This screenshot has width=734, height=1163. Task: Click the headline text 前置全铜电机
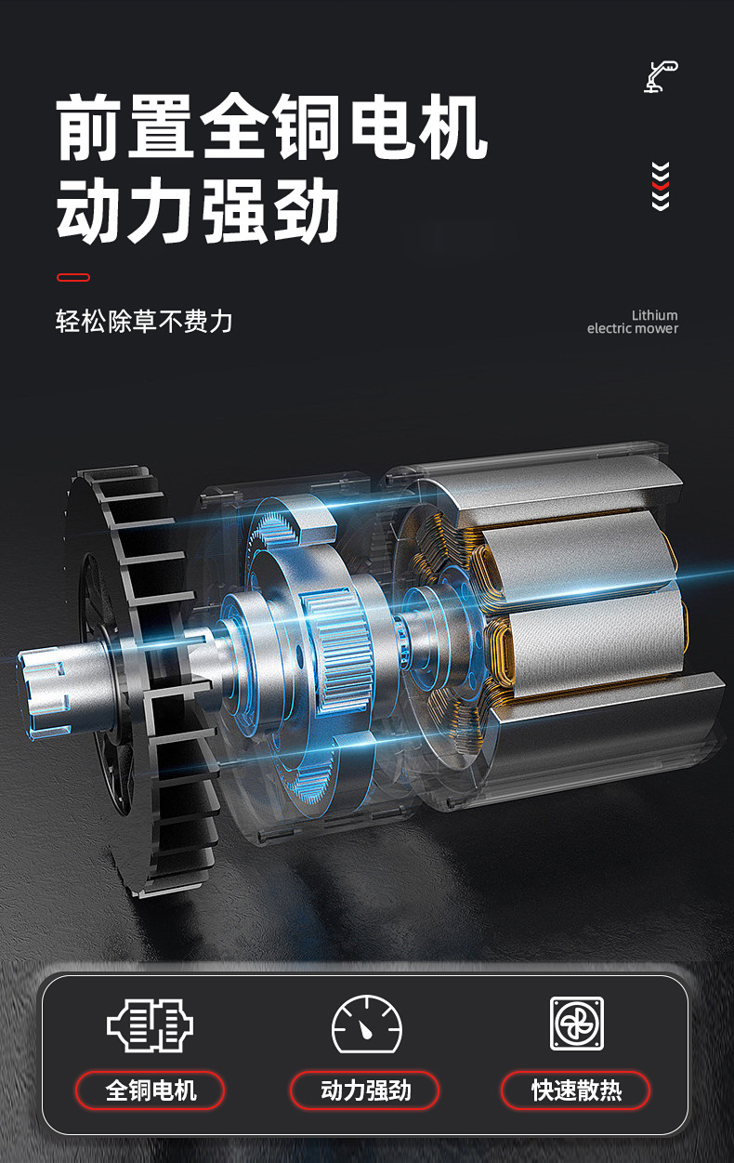point(271,126)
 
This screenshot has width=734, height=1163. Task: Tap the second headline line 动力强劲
point(198,210)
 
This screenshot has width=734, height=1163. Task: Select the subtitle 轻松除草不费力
point(144,321)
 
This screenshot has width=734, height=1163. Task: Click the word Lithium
point(654,315)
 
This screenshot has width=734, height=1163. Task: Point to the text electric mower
point(633,328)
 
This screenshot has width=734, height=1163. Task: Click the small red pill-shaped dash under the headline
point(73,277)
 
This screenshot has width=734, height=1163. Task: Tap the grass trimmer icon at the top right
point(661,77)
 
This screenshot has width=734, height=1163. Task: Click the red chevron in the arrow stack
point(661,185)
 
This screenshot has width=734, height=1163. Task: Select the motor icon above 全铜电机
point(150,1025)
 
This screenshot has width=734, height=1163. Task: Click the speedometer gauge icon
point(367,1024)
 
